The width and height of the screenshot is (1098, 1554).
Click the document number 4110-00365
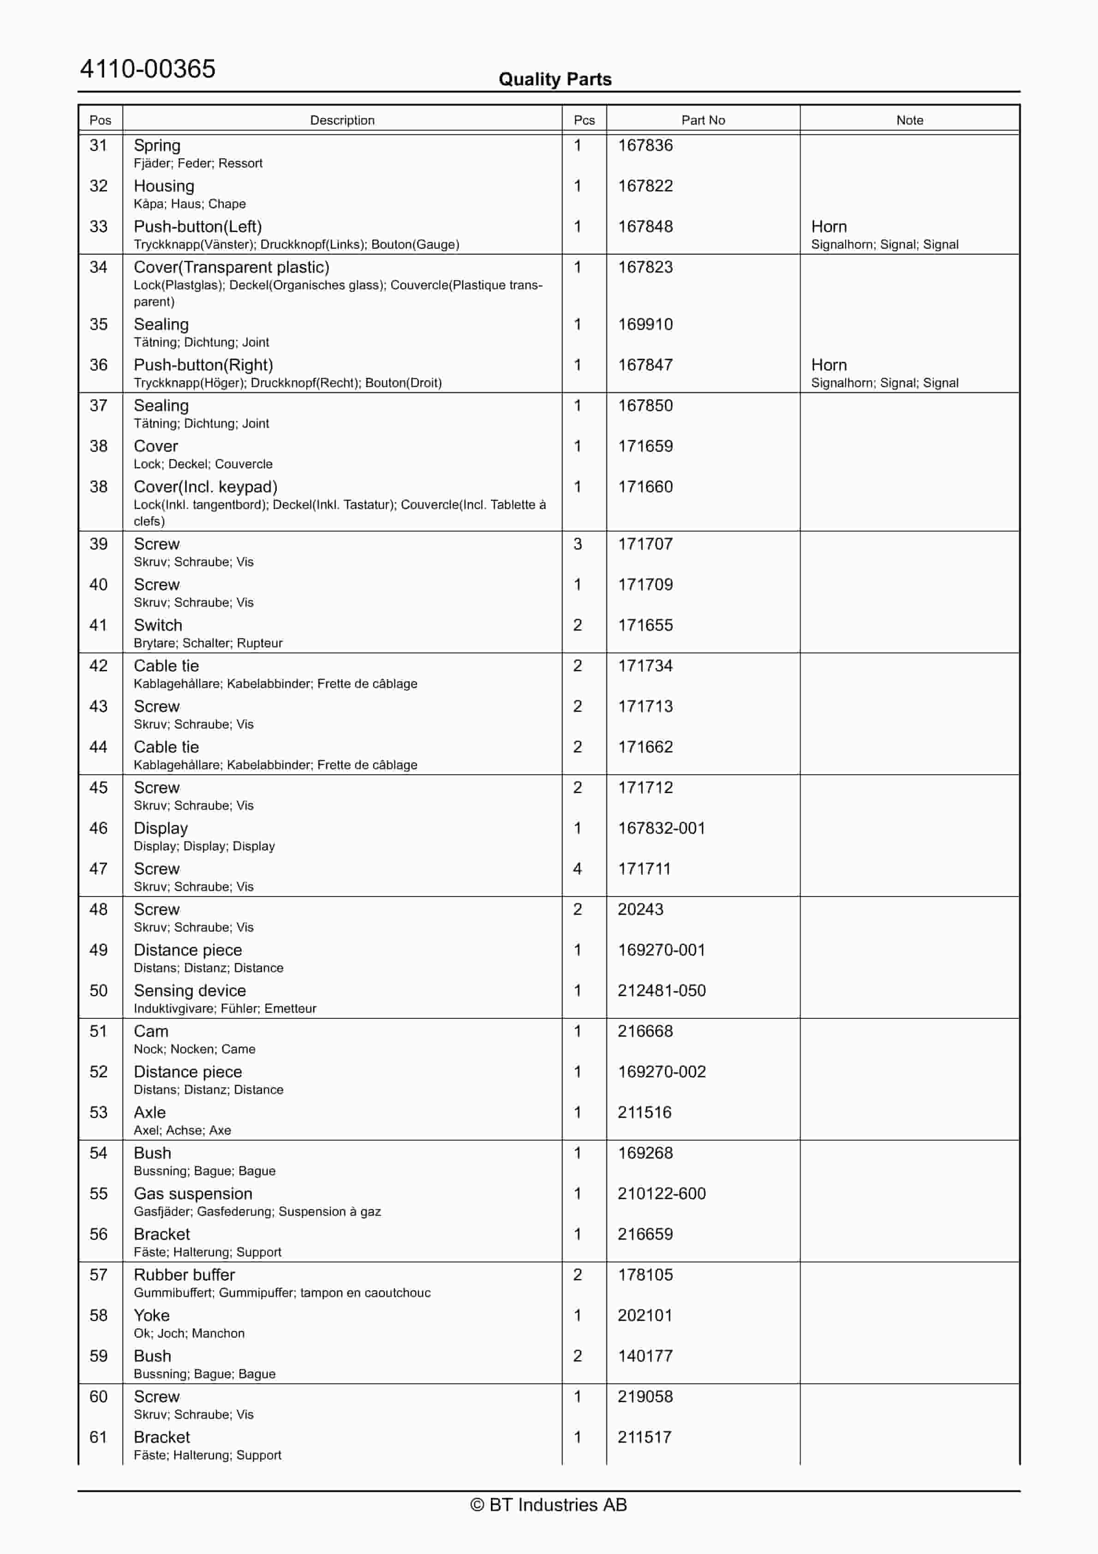coord(148,69)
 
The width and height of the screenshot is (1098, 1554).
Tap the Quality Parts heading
coord(555,79)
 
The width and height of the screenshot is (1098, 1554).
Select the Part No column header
coord(703,120)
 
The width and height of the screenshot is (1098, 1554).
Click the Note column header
coord(909,120)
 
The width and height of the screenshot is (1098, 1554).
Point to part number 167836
coord(644,145)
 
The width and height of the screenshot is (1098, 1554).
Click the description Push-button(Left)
coord(197,227)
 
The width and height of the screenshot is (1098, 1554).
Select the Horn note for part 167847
coord(829,365)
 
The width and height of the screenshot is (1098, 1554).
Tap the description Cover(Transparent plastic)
coord(232,267)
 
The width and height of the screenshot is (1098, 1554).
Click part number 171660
coord(644,487)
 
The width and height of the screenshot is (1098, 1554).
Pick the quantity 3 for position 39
coord(578,544)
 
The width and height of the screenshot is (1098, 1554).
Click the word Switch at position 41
coord(158,625)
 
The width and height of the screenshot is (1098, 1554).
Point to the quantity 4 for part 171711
coord(578,869)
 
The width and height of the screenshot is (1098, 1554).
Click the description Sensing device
coord(190,991)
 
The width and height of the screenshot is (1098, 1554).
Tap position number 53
coord(99,1113)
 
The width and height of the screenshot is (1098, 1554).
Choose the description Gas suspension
coord(193,1194)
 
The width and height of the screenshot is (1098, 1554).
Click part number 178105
coord(644,1275)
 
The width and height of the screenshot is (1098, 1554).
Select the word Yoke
coord(152,1316)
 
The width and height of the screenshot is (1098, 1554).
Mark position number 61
coord(99,1438)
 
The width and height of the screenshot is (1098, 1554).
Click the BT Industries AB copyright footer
coord(549,1505)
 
